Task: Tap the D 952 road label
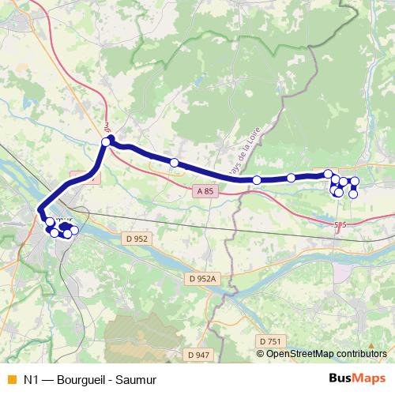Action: (x=137, y=238)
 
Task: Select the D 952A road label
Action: (x=202, y=278)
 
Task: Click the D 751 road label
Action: (x=269, y=340)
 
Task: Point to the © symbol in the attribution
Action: (x=261, y=354)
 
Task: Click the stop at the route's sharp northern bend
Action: (x=105, y=141)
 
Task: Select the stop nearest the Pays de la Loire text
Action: (x=257, y=180)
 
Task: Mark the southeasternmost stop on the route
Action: (x=353, y=194)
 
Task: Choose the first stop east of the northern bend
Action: (x=175, y=163)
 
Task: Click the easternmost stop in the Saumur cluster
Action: (x=74, y=230)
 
